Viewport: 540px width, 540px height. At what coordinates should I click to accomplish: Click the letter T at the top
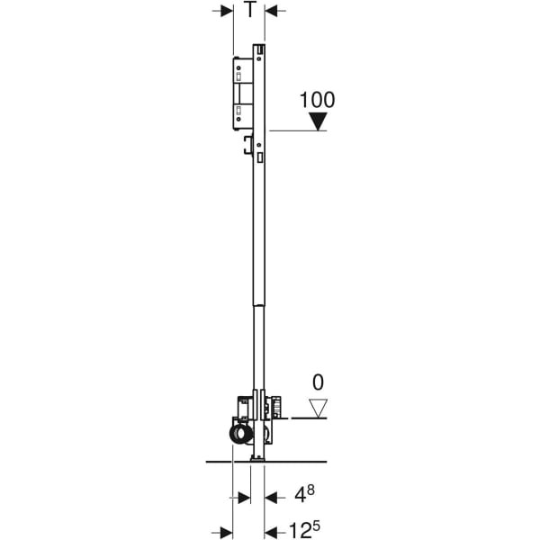250,10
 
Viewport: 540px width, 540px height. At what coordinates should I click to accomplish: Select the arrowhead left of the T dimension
227,11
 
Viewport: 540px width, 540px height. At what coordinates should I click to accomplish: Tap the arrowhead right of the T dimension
271,11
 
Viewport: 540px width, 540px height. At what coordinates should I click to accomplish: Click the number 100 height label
317,100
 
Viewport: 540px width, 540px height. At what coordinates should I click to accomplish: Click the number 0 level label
318,382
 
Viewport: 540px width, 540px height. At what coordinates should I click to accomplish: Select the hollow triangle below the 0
318,409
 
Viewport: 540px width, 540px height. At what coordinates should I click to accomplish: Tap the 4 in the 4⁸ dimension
300,496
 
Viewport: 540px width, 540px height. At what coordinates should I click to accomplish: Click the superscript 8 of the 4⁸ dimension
310,490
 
